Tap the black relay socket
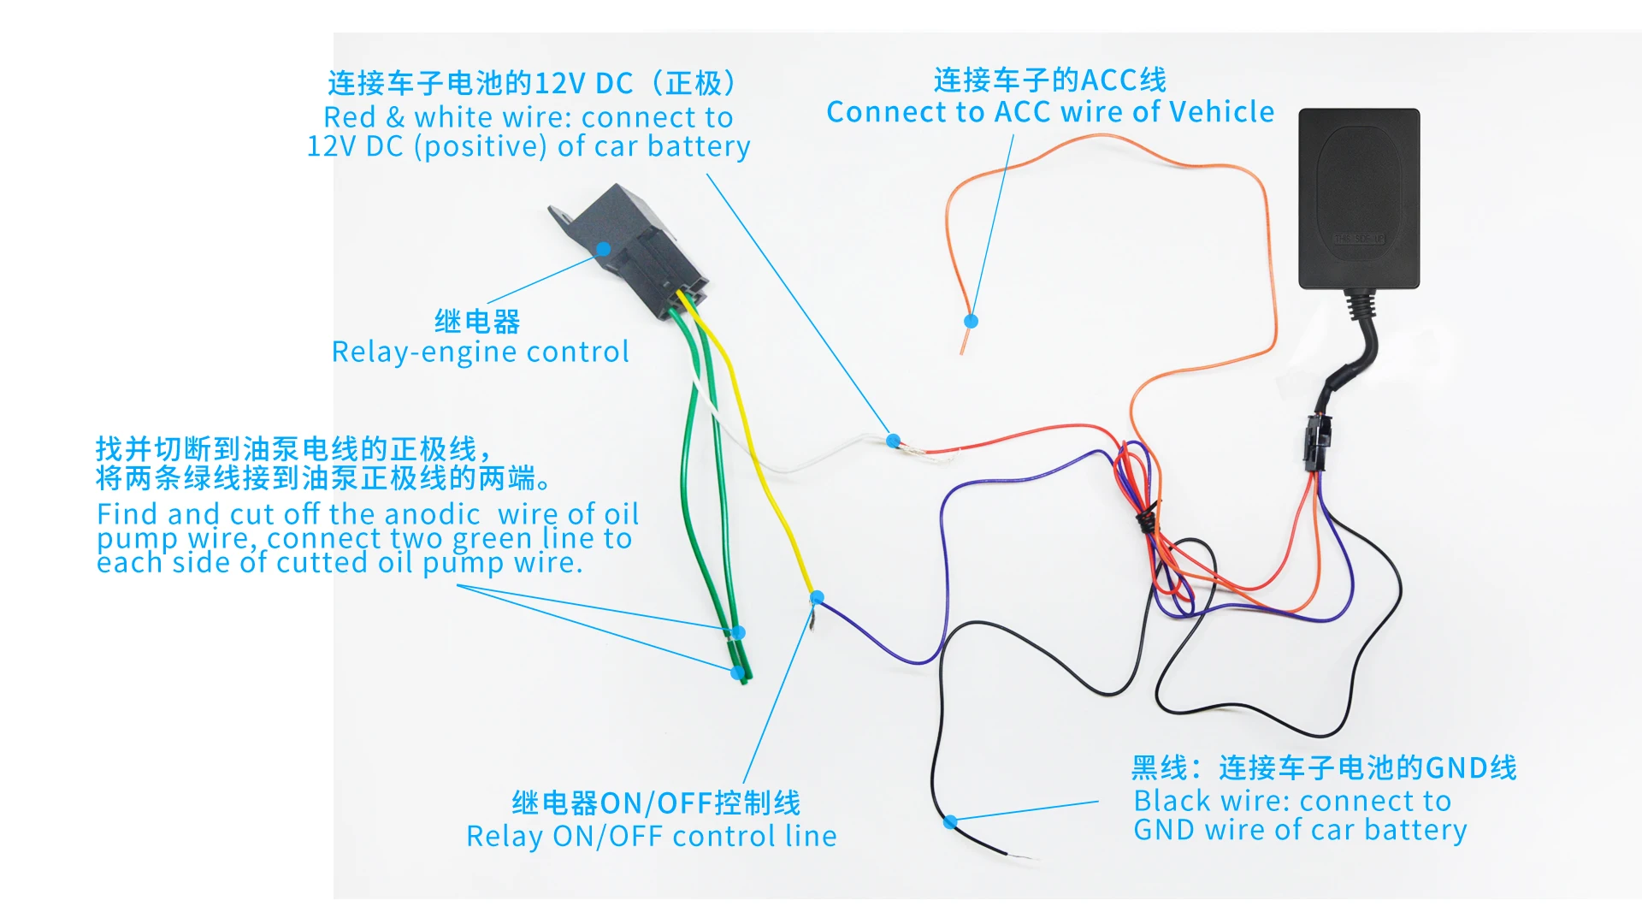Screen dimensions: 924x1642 coord(633,248)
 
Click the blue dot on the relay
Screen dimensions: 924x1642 coord(604,249)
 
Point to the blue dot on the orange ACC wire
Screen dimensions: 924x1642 coord(971,321)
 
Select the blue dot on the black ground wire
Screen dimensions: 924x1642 coord(950,822)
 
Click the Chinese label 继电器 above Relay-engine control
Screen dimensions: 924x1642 coord(477,322)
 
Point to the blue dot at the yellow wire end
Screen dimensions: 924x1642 coord(817,597)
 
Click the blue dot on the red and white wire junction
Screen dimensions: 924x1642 coord(893,441)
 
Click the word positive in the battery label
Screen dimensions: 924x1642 coord(480,146)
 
